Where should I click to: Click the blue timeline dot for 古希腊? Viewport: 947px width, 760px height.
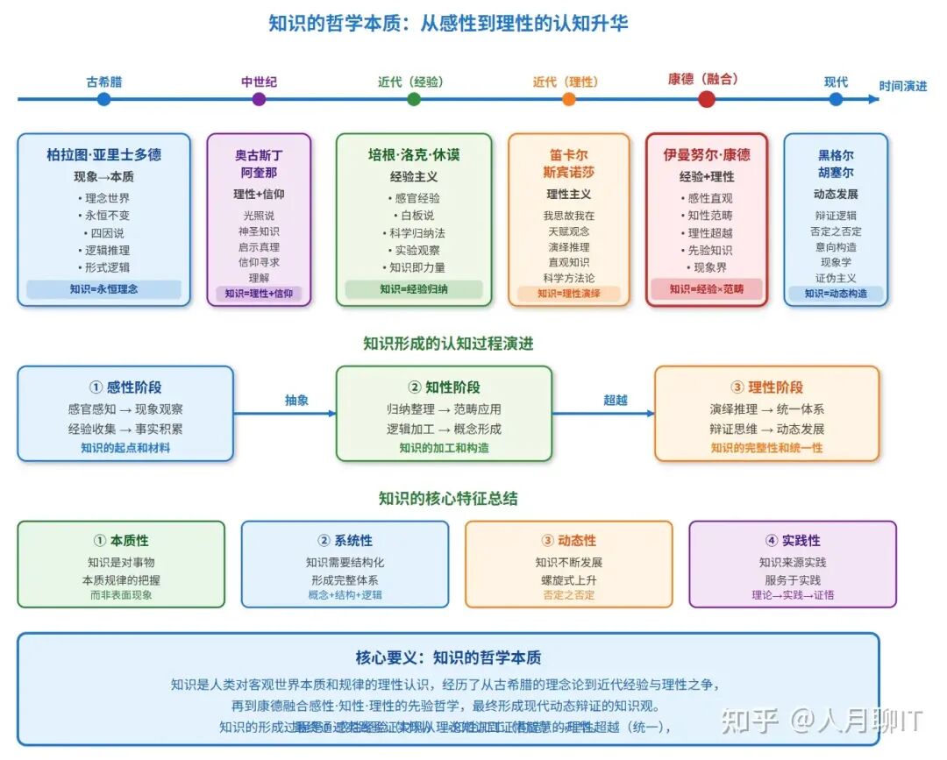point(104,99)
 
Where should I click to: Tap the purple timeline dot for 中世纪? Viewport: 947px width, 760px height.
point(259,99)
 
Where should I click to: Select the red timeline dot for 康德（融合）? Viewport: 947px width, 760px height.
point(707,99)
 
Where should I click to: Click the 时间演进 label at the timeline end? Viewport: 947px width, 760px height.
point(903,86)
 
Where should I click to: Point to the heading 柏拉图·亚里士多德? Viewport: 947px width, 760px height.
point(104,154)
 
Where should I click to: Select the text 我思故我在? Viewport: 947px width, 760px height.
point(568,215)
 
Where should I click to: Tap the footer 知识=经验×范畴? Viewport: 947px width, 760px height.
point(706,288)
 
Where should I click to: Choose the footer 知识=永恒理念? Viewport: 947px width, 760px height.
point(104,288)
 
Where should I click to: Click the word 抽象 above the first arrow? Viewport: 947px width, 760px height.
point(297,400)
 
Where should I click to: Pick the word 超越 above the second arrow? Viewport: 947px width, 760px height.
point(616,400)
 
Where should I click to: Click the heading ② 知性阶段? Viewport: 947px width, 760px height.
point(444,387)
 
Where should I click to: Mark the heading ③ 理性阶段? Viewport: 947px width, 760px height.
point(766,387)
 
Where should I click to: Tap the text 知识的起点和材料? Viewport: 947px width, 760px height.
point(125,448)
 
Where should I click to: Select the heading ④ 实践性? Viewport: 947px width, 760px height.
point(793,541)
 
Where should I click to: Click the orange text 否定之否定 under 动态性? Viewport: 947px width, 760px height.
point(569,595)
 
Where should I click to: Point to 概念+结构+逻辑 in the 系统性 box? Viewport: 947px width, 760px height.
point(345,595)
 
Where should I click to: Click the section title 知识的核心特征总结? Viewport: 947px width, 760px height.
point(448,499)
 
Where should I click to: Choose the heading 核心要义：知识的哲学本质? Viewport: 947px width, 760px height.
point(448,657)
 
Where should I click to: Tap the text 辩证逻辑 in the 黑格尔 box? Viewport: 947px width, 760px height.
point(836,216)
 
